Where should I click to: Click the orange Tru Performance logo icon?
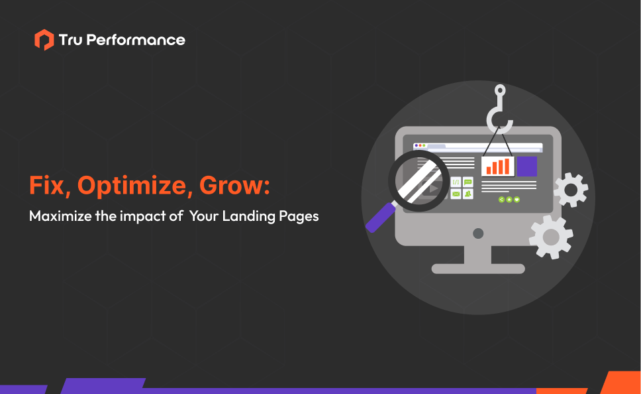[x=44, y=40]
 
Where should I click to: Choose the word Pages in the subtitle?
[x=299, y=217]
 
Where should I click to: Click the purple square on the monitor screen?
[x=527, y=166]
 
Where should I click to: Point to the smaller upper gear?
[x=570, y=190]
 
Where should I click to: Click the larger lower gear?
[x=551, y=236]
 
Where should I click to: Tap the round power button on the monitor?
[x=477, y=233]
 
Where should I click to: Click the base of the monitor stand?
[x=477, y=269]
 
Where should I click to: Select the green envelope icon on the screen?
[x=456, y=194]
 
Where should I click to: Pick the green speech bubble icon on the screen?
[x=468, y=182]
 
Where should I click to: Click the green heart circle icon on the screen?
[x=517, y=199]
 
